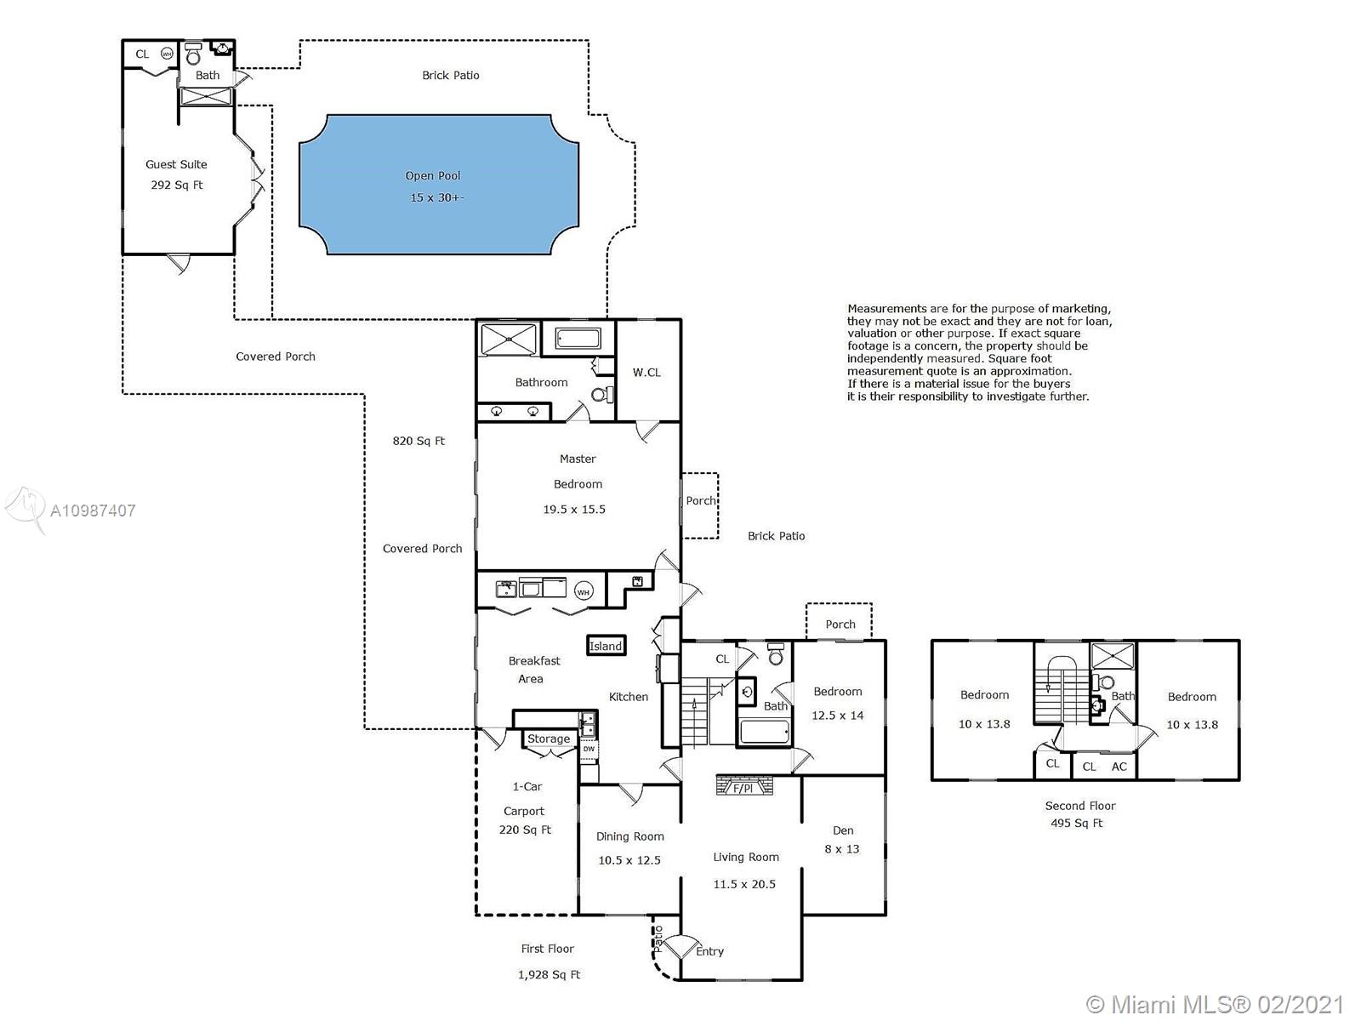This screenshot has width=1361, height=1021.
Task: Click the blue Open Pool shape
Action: pyautogui.click(x=439, y=184)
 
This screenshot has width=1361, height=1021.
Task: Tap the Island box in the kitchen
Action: pyautogui.click(x=606, y=645)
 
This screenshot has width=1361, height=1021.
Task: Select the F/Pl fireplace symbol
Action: pyautogui.click(x=744, y=784)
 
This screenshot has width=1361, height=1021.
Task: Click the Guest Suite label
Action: pyautogui.click(x=176, y=164)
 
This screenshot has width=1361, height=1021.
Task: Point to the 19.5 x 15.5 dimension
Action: pyautogui.click(x=574, y=510)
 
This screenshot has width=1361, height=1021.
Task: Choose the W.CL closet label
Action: pyautogui.click(x=646, y=373)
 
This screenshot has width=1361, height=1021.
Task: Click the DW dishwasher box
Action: pyautogui.click(x=589, y=749)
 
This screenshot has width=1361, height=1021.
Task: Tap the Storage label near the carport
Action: pyautogui.click(x=549, y=739)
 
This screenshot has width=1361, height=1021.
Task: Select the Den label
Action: pyautogui.click(x=843, y=830)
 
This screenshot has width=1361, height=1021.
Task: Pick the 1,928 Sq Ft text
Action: pyautogui.click(x=549, y=974)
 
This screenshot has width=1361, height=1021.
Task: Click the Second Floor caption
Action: pyautogui.click(x=1080, y=806)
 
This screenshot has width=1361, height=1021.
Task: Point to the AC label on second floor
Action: pyautogui.click(x=1119, y=767)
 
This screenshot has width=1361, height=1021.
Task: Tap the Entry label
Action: pyautogui.click(x=709, y=951)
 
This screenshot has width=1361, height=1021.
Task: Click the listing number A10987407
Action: pyautogui.click(x=93, y=510)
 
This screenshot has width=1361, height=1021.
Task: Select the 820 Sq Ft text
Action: pyautogui.click(x=419, y=441)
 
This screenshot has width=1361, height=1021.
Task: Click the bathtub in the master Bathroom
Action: pyautogui.click(x=578, y=339)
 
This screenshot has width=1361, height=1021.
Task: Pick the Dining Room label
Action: pyautogui.click(x=630, y=836)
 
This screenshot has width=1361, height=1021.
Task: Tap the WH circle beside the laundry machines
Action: pyautogui.click(x=583, y=591)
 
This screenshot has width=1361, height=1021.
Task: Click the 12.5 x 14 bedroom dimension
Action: pyautogui.click(x=838, y=716)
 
